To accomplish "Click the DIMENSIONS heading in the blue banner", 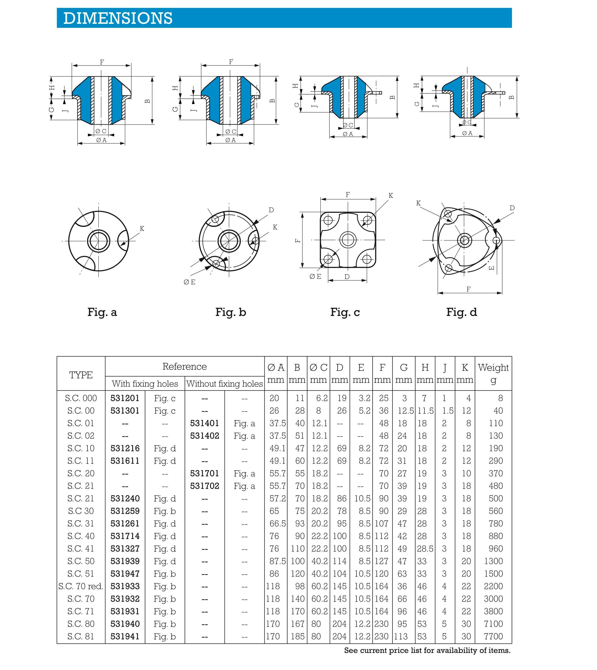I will (x=118, y=18).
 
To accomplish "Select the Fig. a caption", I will (x=102, y=312).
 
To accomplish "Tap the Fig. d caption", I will (x=461, y=312).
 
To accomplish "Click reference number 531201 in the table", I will (x=125, y=398).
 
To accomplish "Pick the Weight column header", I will (x=493, y=373).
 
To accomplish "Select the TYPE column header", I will (x=81, y=375).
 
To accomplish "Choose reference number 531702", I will (x=204, y=486).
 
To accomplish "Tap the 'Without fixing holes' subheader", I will (x=225, y=384).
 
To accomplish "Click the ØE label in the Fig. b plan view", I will (x=190, y=282).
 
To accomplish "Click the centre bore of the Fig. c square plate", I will (x=348, y=240).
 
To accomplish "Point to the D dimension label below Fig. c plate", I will (x=347, y=277).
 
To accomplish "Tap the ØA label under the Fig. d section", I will (x=467, y=133).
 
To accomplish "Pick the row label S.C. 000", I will (x=81, y=398).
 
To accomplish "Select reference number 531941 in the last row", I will (x=125, y=637).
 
